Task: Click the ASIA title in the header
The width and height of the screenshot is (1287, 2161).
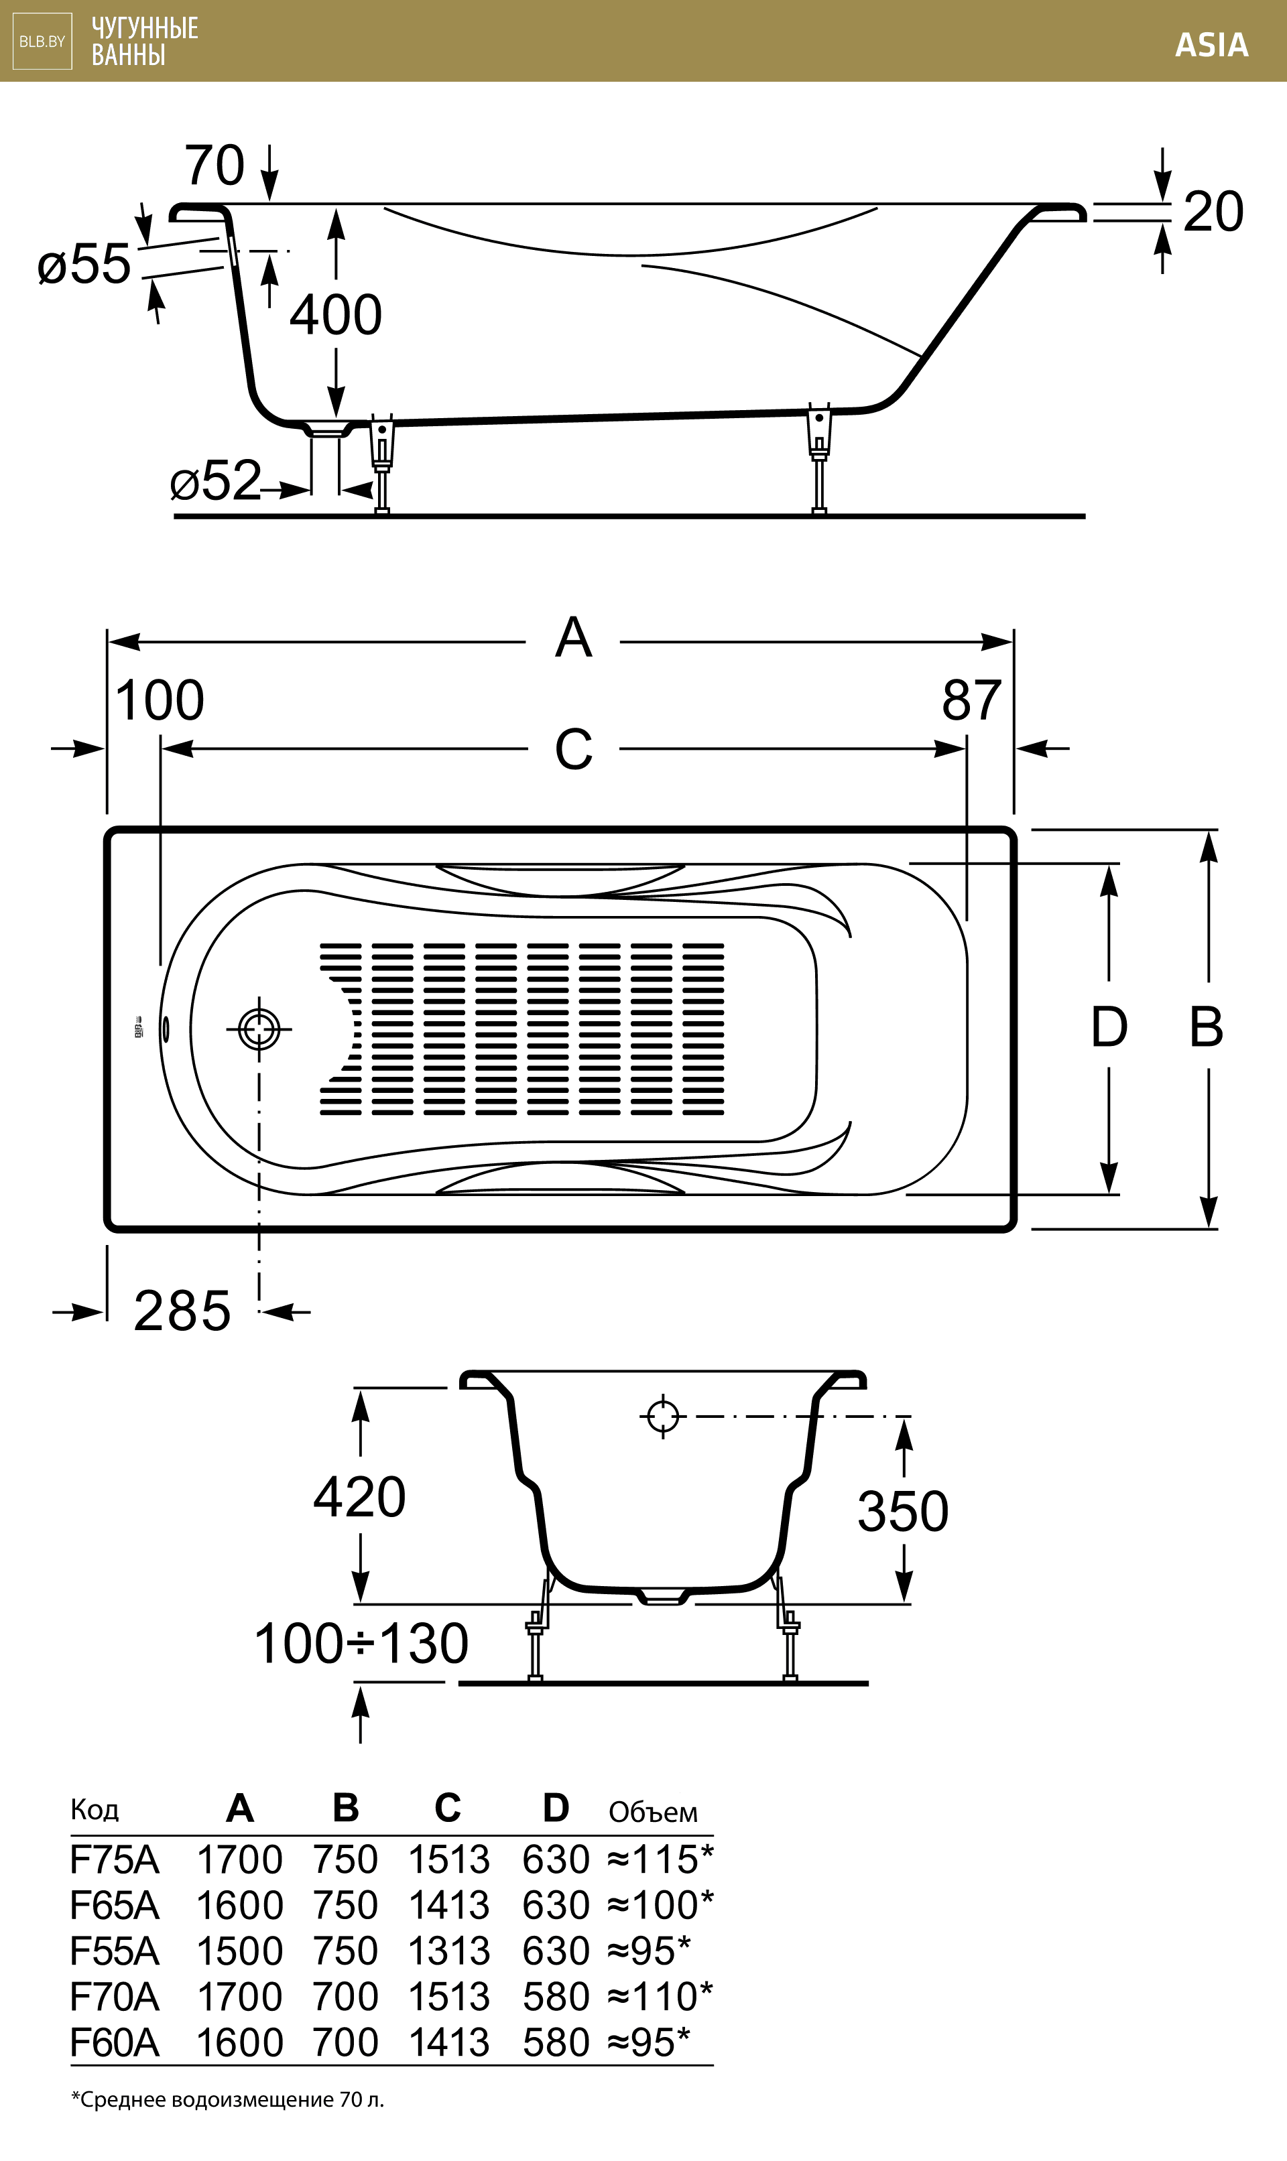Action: (x=1211, y=45)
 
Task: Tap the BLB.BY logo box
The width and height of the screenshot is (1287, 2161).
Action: (x=42, y=42)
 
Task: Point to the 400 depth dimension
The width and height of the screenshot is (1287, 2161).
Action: (x=336, y=315)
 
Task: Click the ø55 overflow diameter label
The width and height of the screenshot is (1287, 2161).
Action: (x=84, y=265)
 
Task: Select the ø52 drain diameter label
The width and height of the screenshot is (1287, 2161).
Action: (x=215, y=481)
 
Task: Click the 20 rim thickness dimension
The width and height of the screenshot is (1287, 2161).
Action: (x=1213, y=212)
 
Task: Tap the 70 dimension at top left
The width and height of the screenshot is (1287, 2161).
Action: (x=214, y=166)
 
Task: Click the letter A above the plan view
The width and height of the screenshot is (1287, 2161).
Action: (x=573, y=639)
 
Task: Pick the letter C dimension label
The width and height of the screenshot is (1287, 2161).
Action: (x=573, y=750)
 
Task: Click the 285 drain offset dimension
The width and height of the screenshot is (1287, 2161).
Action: (x=182, y=1311)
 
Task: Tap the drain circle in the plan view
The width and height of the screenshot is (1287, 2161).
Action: (x=259, y=1030)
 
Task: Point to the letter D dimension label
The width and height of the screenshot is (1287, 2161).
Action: (x=1108, y=1028)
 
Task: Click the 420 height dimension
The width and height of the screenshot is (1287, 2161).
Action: (x=359, y=1497)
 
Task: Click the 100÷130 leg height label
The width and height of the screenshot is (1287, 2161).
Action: (x=361, y=1644)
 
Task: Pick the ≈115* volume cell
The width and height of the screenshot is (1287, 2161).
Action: (x=660, y=1859)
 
